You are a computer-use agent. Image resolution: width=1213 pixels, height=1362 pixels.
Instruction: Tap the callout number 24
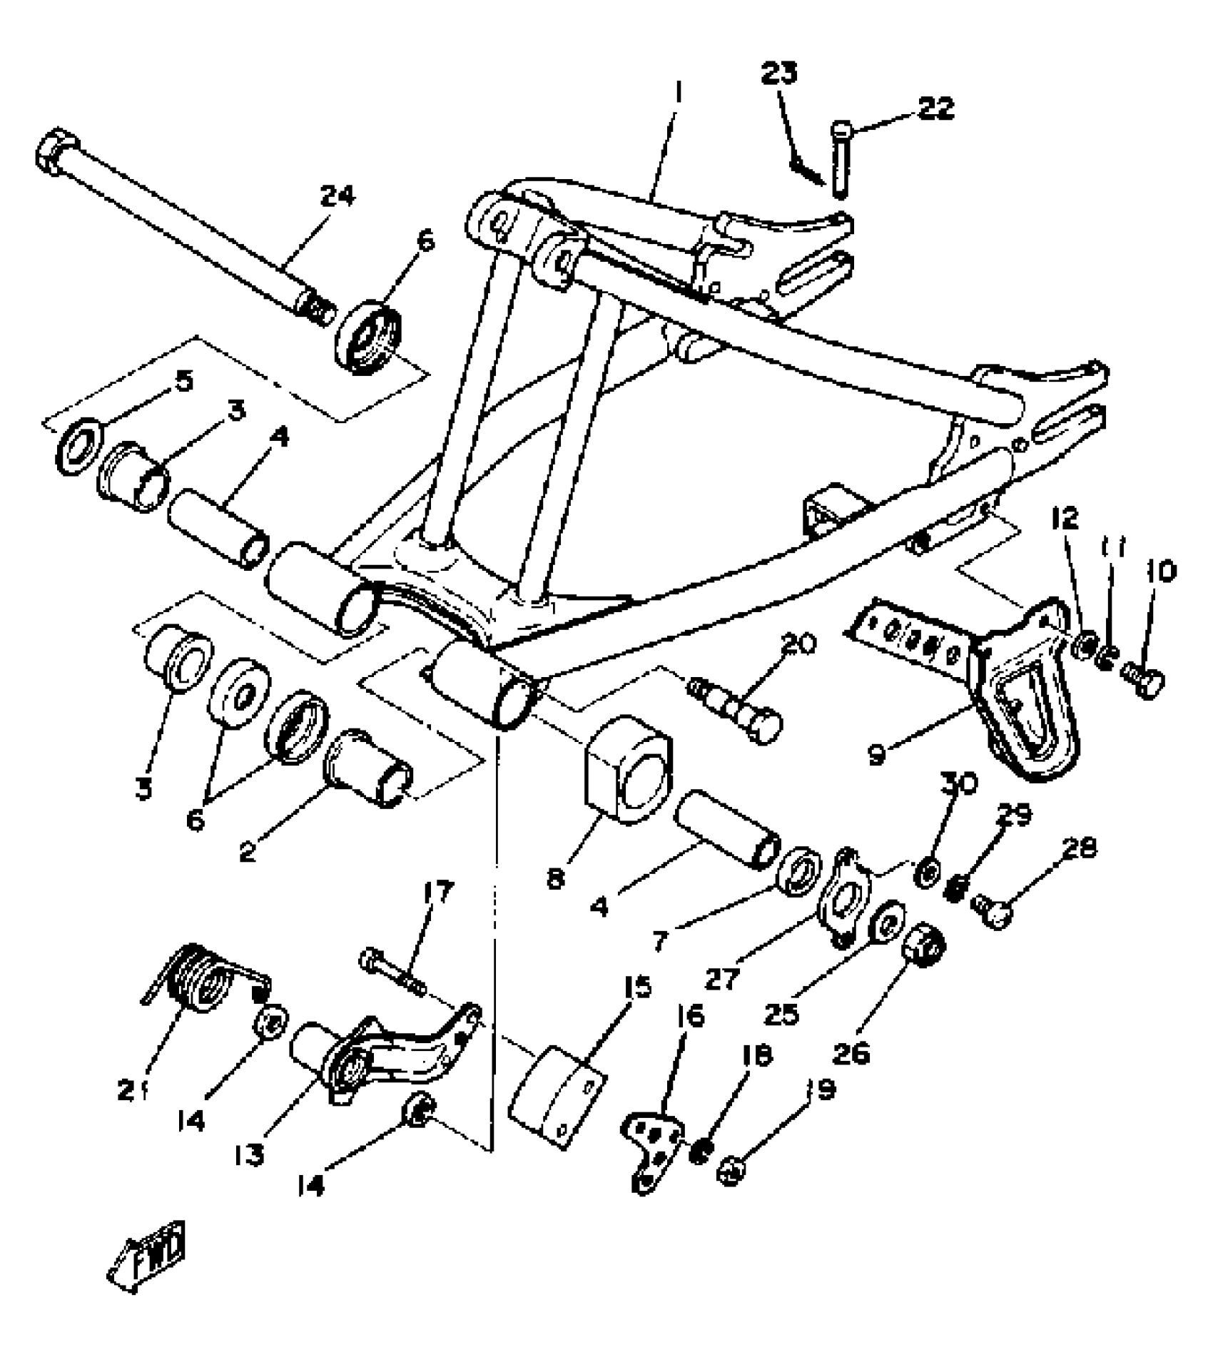pyautogui.click(x=337, y=197)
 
